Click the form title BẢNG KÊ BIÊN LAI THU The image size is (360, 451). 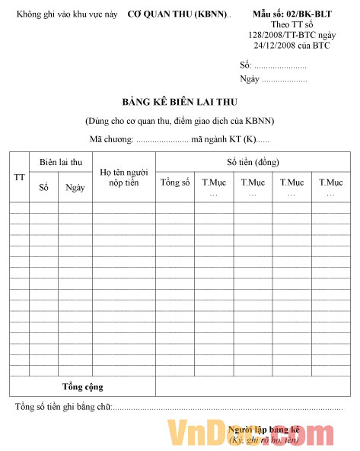tap(180, 102)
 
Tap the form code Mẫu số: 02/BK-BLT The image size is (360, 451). tap(292, 14)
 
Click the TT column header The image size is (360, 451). tap(19, 177)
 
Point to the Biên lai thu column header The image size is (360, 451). tap(61, 162)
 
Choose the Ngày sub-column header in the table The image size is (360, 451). tap(75, 187)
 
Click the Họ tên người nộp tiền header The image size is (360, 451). tap(124, 177)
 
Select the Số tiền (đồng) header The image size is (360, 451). tap(253, 162)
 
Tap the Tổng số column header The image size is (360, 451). tap(175, 183)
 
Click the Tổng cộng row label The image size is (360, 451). tap(83, 387)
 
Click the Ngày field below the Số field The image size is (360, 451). tap(272, 79)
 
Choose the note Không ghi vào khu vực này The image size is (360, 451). tap(72, 14)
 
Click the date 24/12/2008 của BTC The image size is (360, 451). tap(292, 46)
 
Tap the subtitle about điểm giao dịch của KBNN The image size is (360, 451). tap(180, 121)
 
